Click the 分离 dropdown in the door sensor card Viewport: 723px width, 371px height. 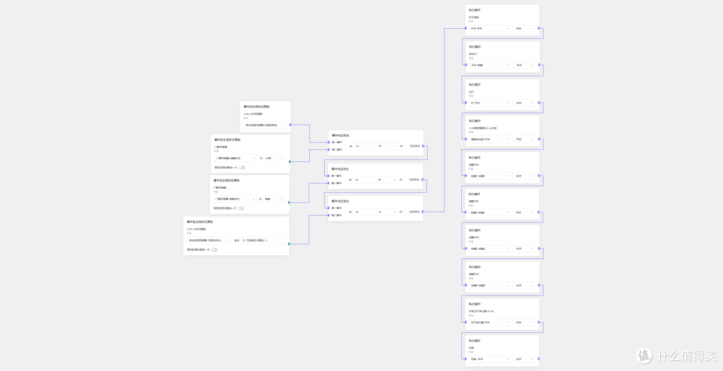[274, 158]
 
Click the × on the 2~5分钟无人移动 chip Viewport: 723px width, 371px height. [266, 240]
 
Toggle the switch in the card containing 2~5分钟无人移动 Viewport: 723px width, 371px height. [214, 250]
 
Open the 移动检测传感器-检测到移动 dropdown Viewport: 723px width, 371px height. [265, 125]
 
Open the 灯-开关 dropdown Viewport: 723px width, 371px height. [490, 102]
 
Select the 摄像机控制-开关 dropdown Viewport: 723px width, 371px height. [490, 139]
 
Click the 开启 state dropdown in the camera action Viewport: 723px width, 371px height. [525, 139]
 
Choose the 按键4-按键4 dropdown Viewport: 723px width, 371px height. [490, 285]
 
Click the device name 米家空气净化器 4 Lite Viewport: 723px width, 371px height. [481, 311]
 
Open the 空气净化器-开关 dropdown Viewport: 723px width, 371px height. [490, 322]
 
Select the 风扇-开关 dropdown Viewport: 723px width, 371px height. [490, 359]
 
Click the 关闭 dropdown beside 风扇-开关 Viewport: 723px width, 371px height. [525, 359]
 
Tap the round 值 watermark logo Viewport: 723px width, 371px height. [644, 356]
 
